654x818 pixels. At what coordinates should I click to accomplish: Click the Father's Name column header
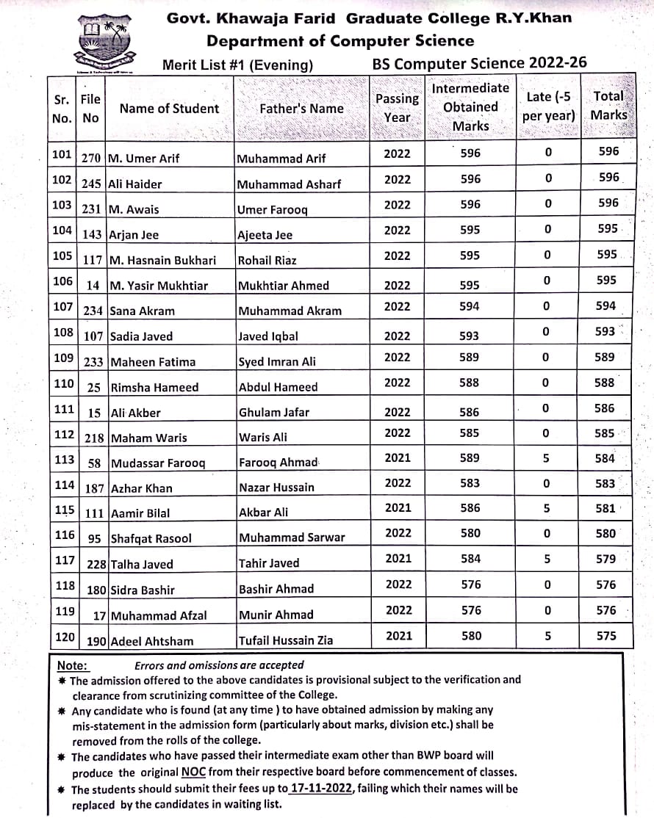(x=301, y=109)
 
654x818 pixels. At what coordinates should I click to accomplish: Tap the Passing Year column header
(x=397, y=107)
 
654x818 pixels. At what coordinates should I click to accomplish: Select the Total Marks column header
(x=608, y=105)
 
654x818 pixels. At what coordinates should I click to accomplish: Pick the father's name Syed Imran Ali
(x=277, y=362)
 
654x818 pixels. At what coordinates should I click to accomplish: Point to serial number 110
(x=64, y=383)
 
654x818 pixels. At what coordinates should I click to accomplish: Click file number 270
(x=91, y=159)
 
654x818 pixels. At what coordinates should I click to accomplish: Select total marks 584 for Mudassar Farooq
(x=606, y=458)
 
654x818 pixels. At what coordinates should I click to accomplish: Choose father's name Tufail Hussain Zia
(x=286, y=640)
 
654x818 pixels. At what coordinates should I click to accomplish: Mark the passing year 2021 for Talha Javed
(x=398, y=559)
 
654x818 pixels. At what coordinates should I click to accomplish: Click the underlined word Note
(x=72, y=666)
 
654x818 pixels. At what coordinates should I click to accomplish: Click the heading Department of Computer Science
(x=340, y=41)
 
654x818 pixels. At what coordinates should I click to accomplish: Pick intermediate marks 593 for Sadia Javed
(x=470, y=336)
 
